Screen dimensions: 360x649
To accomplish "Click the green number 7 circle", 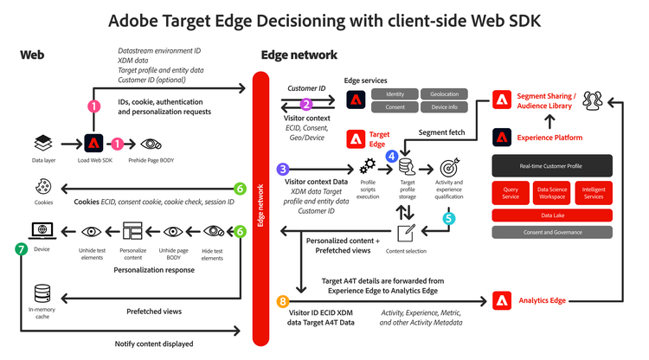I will [x=21, y=247].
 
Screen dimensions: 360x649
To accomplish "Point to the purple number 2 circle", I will [x=305, y=103].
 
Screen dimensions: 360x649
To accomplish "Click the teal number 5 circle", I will [x=448, y=219].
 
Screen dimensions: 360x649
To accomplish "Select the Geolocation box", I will [x=444, y=93].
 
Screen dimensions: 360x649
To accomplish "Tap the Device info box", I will [x=444, y=108].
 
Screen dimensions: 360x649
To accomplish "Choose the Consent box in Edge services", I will [x=395, y=108].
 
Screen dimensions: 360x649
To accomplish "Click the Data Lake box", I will [x=552, y=215].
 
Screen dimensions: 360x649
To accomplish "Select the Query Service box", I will [x=511, y=194].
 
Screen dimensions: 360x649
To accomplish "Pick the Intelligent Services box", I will [x=594, y=194].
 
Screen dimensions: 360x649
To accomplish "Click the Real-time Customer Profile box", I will [x=552, y=165].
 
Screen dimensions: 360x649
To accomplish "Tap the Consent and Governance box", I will [x=552, y=232].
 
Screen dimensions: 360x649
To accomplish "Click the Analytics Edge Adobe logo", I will [x=504, y=301].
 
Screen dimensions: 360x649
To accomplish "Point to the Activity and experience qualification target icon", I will [x=448, y=166].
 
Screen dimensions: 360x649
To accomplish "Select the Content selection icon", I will [x=407, y=231].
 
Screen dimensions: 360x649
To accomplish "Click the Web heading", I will [x=31, y=55].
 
